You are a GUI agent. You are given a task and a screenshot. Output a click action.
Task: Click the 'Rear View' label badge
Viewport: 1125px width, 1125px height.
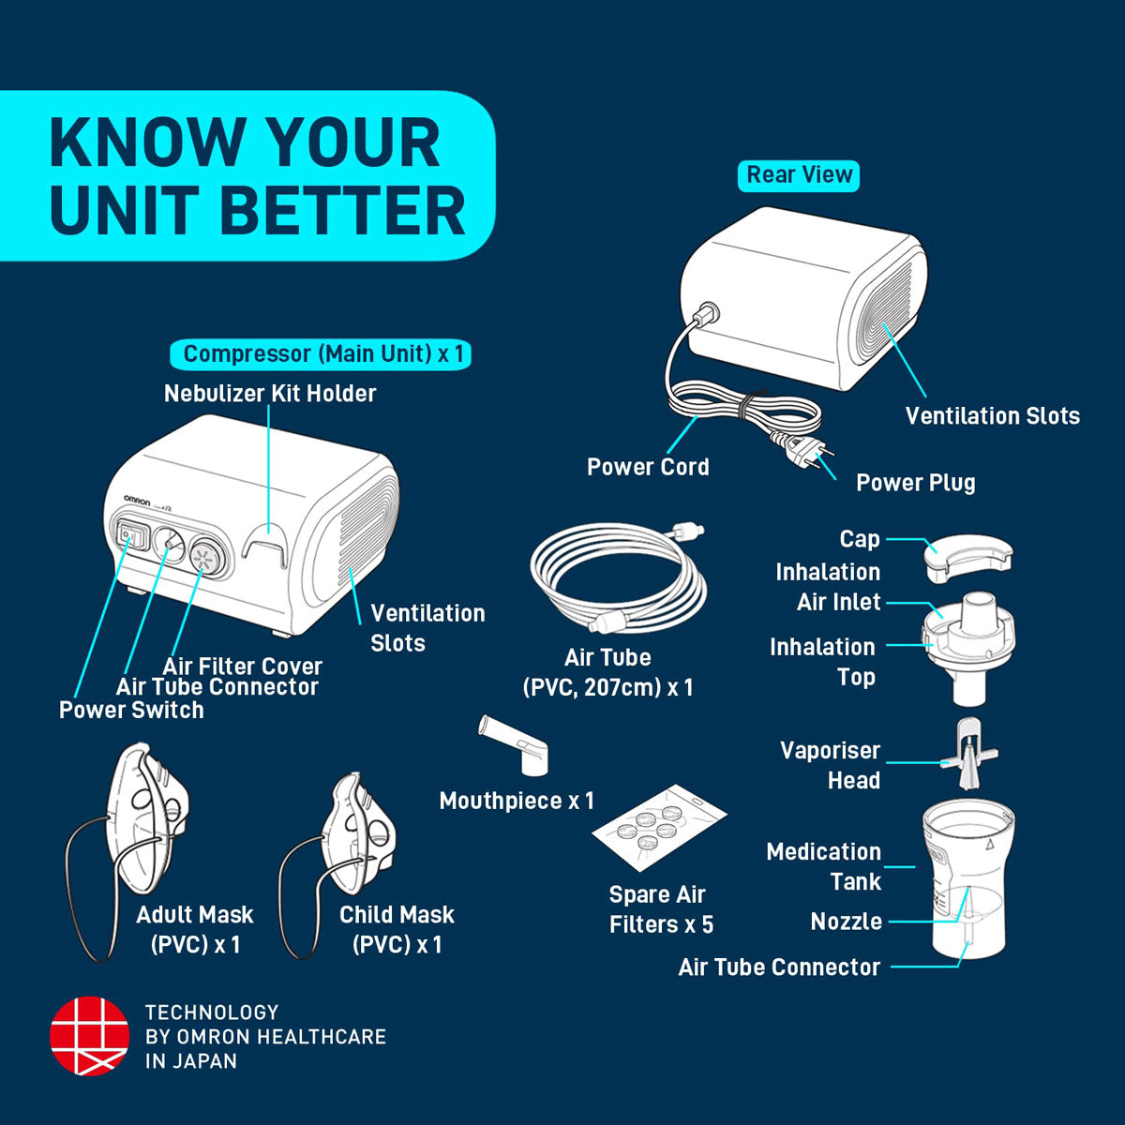pos(799,175)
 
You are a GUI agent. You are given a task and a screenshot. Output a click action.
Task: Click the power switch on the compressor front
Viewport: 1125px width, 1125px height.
pos(127,536)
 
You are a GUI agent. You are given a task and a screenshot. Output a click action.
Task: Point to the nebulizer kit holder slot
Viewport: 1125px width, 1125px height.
pos(265,547)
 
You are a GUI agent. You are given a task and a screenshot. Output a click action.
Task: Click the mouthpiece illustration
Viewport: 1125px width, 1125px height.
pos(516,745)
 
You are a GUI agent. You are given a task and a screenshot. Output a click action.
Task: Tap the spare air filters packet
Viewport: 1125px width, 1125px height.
pos(659,829)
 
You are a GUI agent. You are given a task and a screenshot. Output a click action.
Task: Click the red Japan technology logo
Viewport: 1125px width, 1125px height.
pos(89,1035)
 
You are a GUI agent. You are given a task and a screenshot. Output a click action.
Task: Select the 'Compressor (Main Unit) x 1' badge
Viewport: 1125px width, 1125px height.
pos(321,354)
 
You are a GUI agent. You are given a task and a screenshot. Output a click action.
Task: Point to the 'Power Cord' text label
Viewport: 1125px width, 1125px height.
pos(648,467)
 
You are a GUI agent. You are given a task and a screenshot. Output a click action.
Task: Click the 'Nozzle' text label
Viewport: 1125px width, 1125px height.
pos(846,922)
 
